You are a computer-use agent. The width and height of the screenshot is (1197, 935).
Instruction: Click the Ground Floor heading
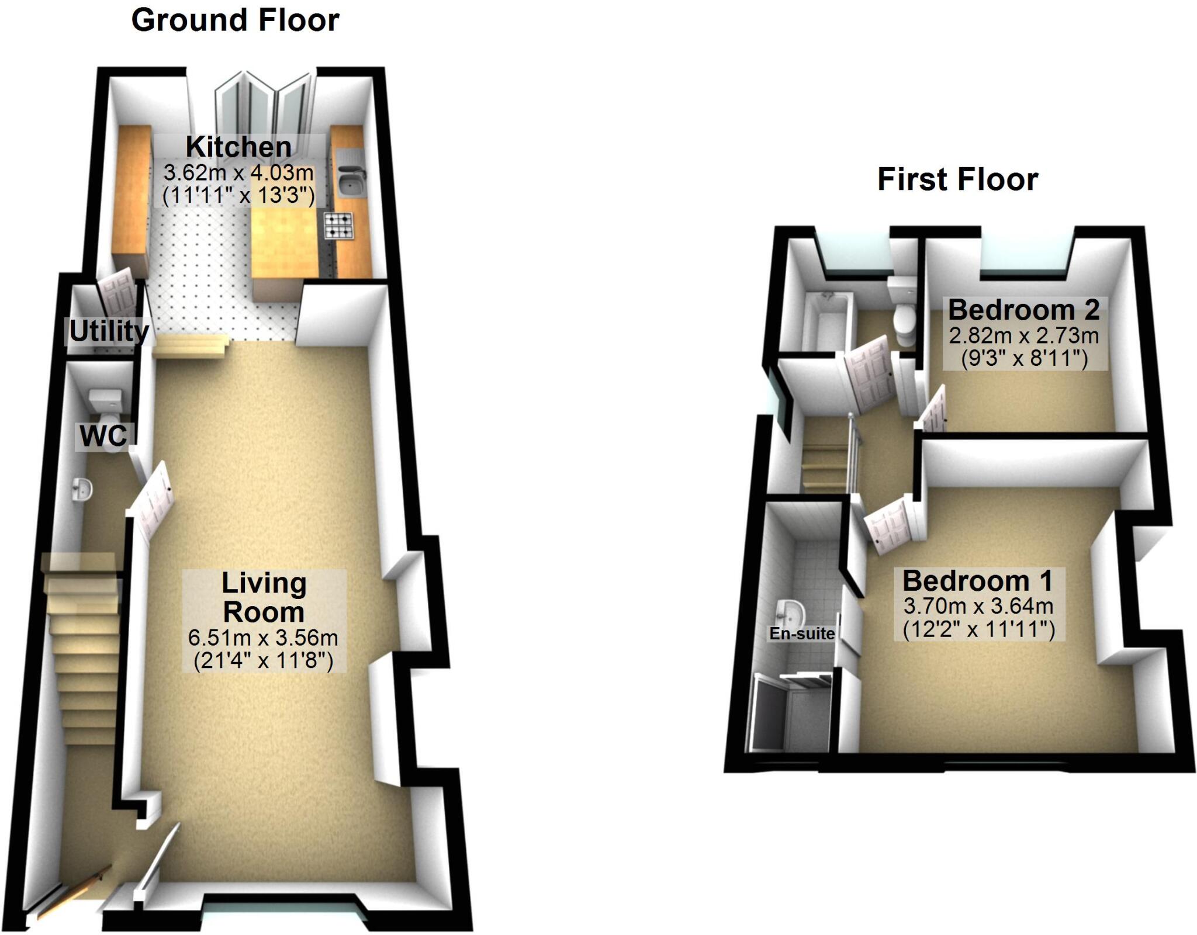pyautogui.click(x=235, y=21)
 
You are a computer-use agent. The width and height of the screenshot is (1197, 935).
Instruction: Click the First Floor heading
pyautogui.click(x=957, y=179)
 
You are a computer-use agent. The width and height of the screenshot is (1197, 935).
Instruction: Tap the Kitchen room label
pyautogui.click(x=238, y=147)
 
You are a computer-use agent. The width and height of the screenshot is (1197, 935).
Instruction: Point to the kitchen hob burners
pyautogui.click(x=340, y=226)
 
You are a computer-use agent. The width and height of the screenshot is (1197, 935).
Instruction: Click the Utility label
pyautogui.click(x=109, y=331)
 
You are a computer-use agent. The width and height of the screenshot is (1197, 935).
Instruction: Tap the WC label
pyautogui.click(x=104, y=436)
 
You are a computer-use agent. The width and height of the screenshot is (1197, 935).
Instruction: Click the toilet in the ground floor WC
pyautogui.click(x=105, y=409)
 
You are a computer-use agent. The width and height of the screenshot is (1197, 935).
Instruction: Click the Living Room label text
pyautogui.click(x=264, y=597)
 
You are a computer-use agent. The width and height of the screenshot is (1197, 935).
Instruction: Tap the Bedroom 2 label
pyautogui.click(x=1023, y=310)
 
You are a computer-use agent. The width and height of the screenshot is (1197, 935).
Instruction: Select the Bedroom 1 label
pyautogui.click(x=977, y=581)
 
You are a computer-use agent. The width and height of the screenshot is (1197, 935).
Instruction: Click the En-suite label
pyautogui.click(x=801, y=633)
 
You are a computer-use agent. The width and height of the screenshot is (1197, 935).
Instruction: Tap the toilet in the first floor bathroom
pyautogui.click(x=904, y=321)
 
